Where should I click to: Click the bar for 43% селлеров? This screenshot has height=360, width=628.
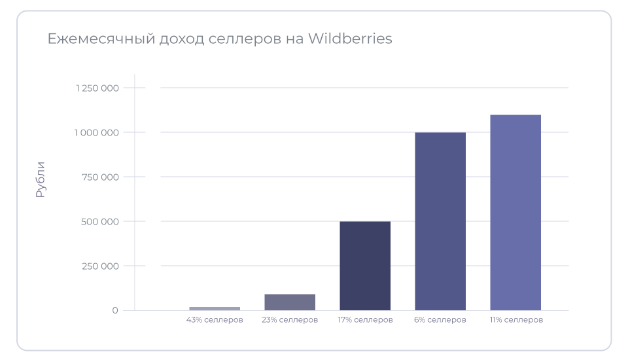click(215, 308)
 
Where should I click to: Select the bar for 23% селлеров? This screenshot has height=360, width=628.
click(290, 302)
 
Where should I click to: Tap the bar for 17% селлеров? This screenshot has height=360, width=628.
click(365, 266)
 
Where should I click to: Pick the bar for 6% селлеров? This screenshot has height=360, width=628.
click(440, 221)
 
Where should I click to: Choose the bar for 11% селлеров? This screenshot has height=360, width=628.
click(515, 213)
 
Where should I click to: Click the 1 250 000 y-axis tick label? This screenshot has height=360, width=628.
click(97, 88)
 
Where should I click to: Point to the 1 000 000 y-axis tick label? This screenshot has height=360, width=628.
click(97, 132)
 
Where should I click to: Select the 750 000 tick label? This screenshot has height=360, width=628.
click(101, 177)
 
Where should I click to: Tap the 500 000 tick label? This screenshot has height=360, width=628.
click(101, 221)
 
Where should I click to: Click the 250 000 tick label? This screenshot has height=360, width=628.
click(101, 266)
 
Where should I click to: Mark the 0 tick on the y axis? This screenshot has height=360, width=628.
click(115, 310)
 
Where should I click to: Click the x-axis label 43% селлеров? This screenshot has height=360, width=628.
click(215, 320)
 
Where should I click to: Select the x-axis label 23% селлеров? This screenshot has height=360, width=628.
click(290, 320)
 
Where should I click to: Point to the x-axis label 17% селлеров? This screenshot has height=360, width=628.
click(365, 320)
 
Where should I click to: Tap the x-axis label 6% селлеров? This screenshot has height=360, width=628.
click(440, 320)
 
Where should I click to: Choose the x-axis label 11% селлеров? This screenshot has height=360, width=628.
click(516, 320)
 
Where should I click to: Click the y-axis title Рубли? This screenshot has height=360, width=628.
click(41, 179)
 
